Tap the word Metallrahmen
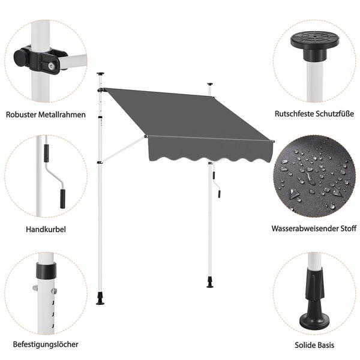(x=62, y=115)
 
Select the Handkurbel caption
(x=46, y=229)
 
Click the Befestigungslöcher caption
(x=46, y=344)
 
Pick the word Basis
(x=325, y=345)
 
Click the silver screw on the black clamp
(x=51, y=67)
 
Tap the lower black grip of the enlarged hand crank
(x=62, y=199)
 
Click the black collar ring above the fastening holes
(x=46, y=270)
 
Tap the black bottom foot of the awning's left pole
(x=100, y=299)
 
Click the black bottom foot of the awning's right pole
(x=210, y=282)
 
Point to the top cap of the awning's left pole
(x=100, y=74)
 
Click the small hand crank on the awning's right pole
(x=217, y=183)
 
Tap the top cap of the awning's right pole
(x=211, y=84)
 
